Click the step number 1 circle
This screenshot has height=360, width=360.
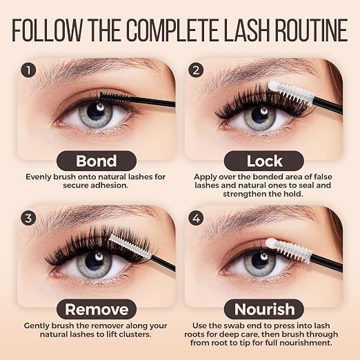pyautogui.click(x=28, y=70)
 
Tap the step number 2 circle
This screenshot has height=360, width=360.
pyautogui.click(x=196, y=70)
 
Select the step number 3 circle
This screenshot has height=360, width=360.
pyautogui.click(x=28, y=218)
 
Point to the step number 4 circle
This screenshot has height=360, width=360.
pyautogui.click(x=196, y=218)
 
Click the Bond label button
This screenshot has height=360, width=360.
pyautogui.click(x=97, y=161)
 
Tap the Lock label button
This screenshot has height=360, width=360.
pyautogui.click(x=264, y=161)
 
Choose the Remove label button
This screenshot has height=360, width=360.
pyautogui.click(x=97, y=309)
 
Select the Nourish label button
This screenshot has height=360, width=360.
pyautogui.click(x=264, y=309)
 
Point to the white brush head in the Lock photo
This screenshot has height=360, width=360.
pyautogui.click(x=291, y=92)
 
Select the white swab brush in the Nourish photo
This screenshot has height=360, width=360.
pyautogui.click(x=289, y=250)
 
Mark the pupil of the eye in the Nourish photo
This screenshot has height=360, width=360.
pyautogui.click(x=260, y=260)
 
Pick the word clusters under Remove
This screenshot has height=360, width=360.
pyautogui.click(x=134, y=334)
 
